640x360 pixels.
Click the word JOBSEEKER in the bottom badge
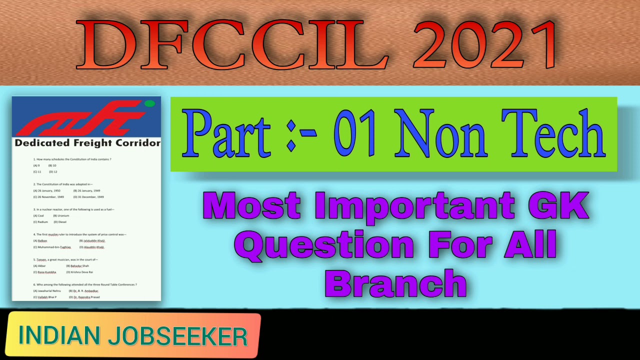point(177,335)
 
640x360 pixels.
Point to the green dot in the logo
point(149,104)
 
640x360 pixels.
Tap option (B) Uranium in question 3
point(61,215)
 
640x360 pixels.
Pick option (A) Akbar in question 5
point(39,266)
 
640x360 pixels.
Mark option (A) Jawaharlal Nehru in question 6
point(47,291)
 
